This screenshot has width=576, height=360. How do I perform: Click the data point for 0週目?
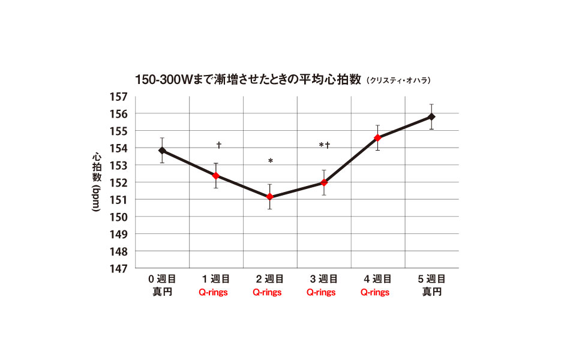click(162, 151)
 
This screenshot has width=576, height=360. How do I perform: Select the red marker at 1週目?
click(216, 176)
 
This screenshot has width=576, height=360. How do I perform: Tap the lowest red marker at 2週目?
click(270, 197)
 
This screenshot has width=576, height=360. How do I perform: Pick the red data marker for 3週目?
click(324, 182)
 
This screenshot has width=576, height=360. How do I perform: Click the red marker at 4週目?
click(377, 138)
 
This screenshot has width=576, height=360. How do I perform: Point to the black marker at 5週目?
click(431, 116)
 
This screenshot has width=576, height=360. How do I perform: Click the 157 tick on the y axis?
click(119, 97)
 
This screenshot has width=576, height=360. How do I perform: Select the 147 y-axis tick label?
click(119, 268)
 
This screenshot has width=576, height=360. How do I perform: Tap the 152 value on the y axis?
click(119, 182)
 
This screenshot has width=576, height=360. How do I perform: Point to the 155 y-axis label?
click(119, 131)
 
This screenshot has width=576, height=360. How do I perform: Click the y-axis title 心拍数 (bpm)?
click(96, 182)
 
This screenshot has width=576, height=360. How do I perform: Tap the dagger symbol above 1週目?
click(219, 145)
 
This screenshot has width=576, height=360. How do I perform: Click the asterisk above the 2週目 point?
click(271, 161)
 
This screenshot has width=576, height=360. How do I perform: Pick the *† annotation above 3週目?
click(325, 145)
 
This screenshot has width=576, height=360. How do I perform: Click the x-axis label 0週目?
click(162, 279)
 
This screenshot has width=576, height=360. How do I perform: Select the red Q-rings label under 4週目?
click(375, 293)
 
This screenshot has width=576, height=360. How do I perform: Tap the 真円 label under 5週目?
click(431, 292)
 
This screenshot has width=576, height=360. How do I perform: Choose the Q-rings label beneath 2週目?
click(267, 293)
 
